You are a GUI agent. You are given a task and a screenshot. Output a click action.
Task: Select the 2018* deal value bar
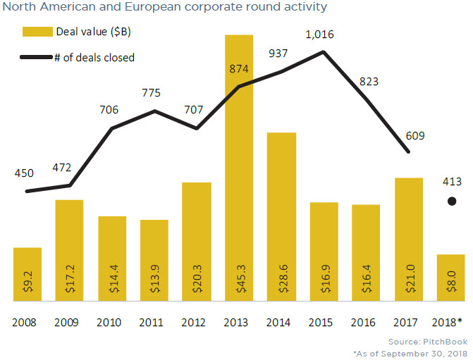(450, 278)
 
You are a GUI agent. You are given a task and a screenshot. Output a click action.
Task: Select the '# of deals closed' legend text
(94, 57)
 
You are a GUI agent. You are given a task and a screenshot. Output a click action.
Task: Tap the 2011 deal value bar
(154, 261)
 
